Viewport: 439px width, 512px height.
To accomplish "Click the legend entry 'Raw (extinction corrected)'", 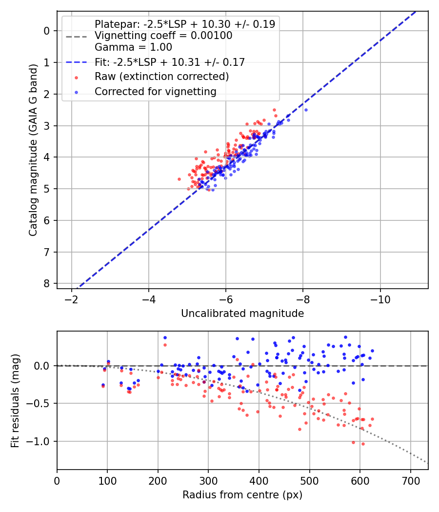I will [x=161, y=77].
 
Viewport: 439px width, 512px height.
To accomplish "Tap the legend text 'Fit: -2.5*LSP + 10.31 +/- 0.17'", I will [x=169, y=62].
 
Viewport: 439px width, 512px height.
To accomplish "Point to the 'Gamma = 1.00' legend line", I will [x=133, y=47].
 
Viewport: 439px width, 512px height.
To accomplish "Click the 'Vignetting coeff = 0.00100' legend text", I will [x=163, y=36].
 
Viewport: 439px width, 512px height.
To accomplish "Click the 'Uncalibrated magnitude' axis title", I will [x=242, y=314].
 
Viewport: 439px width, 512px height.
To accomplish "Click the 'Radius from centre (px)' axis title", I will [x=242, y=495].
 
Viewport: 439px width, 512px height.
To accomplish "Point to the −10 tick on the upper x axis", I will [x=380, y=299].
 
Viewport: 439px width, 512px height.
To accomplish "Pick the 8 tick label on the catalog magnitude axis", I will [x=47, y=283].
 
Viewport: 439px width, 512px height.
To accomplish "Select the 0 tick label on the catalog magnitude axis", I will [x=47, y=31].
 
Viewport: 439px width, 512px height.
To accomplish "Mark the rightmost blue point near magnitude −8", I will [x=306, y=110].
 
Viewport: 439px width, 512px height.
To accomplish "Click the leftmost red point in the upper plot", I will [x=179, y=179].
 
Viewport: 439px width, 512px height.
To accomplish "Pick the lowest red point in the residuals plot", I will [x=363, y=444].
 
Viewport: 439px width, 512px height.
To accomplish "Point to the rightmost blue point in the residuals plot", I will [x=372, y=351].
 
